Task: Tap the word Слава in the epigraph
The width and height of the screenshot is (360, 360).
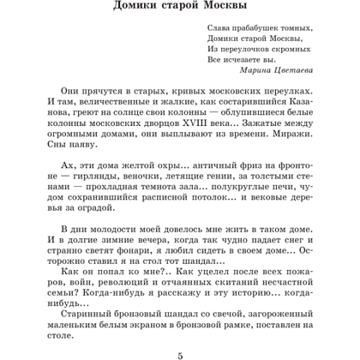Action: point(219,27)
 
